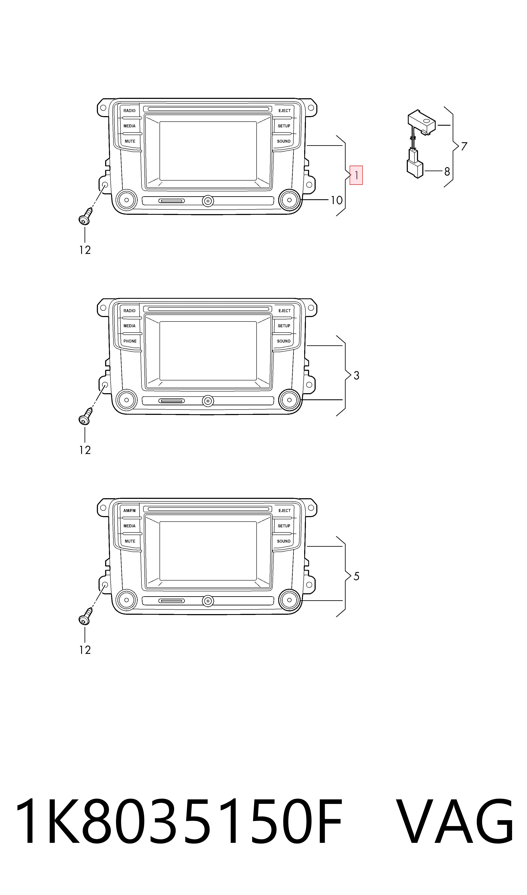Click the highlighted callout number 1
[356, 175]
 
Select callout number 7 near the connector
[464, 146]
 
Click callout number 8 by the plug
[447, 172]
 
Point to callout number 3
[357, 375]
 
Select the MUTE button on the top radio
[130, 141]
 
